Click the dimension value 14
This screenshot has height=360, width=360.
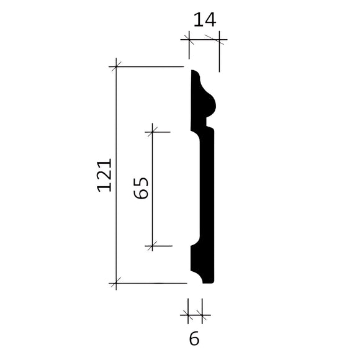(x=204, y=20)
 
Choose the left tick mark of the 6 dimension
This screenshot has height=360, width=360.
(x=189, y=315)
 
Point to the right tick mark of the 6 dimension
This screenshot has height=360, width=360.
(x=200, y=315)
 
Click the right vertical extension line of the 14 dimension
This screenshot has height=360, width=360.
(x=218, y=56)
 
